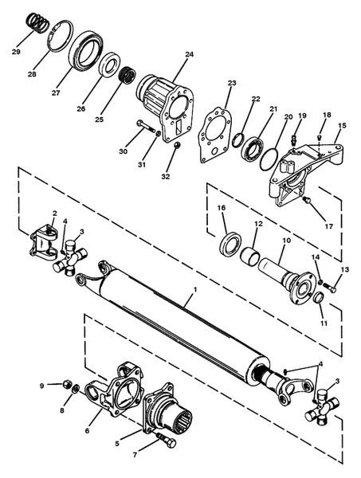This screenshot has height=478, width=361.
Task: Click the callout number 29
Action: click(x=16, y=52)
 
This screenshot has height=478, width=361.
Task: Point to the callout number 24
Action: click(x=189, y=55)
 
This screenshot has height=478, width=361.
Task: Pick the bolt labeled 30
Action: click(x=145, y=127)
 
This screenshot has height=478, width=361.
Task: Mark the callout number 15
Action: click(x=342, y=125)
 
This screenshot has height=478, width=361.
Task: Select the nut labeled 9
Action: click(x=67, y=384)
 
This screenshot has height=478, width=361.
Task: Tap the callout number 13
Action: click(x=344, y=270)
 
